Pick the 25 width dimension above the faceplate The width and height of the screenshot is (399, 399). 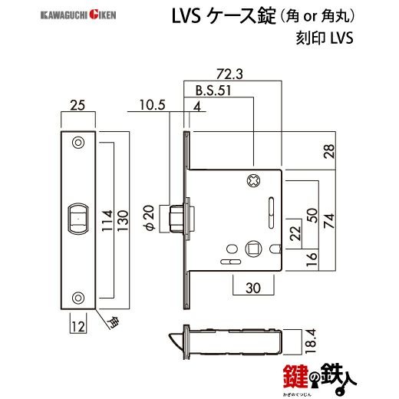click(x=77, y=107)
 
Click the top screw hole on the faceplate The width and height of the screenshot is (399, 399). click(x=77, y=142)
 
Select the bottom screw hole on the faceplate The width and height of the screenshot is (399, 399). click(x=77, y=297)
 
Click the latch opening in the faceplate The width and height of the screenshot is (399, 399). click(x=77, y=218)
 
